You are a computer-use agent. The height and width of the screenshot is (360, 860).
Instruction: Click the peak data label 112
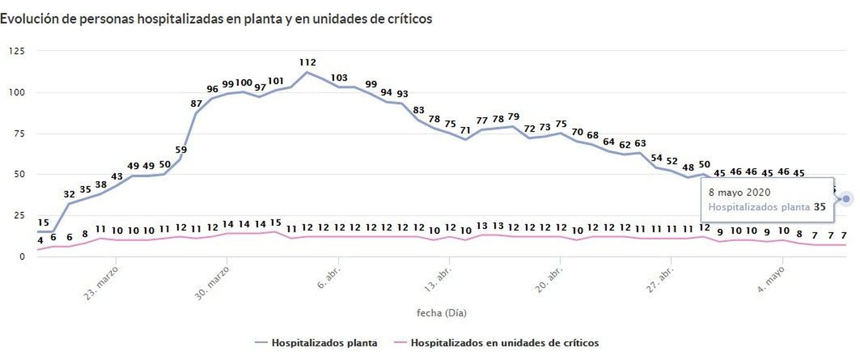tap(307, 62)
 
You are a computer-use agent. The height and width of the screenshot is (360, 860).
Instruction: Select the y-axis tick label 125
tap(17, 51)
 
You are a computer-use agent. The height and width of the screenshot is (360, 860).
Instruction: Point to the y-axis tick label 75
tap(19, 133)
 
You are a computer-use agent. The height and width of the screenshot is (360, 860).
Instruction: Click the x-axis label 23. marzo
tap(102, 282)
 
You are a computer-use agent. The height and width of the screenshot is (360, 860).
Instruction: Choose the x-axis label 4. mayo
tap(771, 279)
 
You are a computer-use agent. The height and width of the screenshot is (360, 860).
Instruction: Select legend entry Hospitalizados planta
tap(324, 343)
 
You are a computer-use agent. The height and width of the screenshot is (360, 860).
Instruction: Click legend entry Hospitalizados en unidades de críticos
tap(504, 343)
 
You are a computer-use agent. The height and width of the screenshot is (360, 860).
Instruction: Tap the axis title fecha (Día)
tap(441, 313)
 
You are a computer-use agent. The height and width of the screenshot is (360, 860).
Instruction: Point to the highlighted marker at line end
tap(847, 199)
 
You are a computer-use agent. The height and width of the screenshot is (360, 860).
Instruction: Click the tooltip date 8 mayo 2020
tap(739, 192)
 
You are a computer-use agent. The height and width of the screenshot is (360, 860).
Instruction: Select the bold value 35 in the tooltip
tap(819, 207)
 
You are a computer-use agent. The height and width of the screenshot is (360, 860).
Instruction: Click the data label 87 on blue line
tap(196, 104)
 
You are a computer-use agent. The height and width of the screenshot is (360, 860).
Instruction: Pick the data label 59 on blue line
tap(181, 150)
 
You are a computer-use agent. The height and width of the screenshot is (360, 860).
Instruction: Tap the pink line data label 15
tap(275, 222)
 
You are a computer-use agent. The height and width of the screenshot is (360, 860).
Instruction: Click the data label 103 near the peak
tap(339, 78)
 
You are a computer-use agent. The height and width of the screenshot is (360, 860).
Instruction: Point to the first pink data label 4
tap(40, 241)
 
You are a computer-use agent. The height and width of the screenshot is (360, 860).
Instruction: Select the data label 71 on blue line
tap(465, 130)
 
